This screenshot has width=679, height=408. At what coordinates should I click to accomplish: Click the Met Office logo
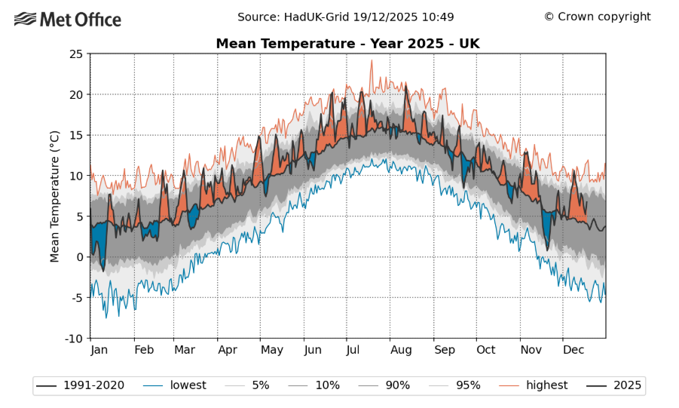pos(67,19)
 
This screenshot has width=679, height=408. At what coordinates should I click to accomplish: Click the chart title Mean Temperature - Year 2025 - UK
pos(347,44)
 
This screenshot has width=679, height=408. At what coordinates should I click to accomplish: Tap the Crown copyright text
pos(597,17)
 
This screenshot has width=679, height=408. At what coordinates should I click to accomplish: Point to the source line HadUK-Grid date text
pos(346,17)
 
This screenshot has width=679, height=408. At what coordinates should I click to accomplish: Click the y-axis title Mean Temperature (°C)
pos(54,196)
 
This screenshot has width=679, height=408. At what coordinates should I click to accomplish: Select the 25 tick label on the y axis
pos(75,54)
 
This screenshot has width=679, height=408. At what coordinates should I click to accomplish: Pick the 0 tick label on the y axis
pos(79,257)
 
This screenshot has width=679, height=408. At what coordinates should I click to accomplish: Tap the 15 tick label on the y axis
pos(75,136)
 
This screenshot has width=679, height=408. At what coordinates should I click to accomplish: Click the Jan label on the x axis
pos(99,350)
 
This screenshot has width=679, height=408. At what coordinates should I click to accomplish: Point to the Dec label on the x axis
pos(574,350)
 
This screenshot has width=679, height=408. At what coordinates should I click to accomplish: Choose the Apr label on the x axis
pos(228,350)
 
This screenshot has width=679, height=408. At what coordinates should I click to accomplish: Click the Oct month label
pos(486,350)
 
